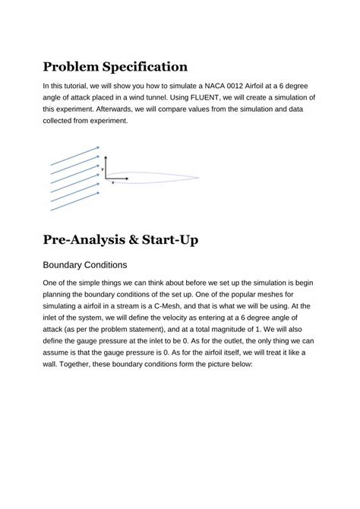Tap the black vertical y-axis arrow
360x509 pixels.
106,169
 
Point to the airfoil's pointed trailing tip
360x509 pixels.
198,178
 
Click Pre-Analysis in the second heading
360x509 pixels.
90,241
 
